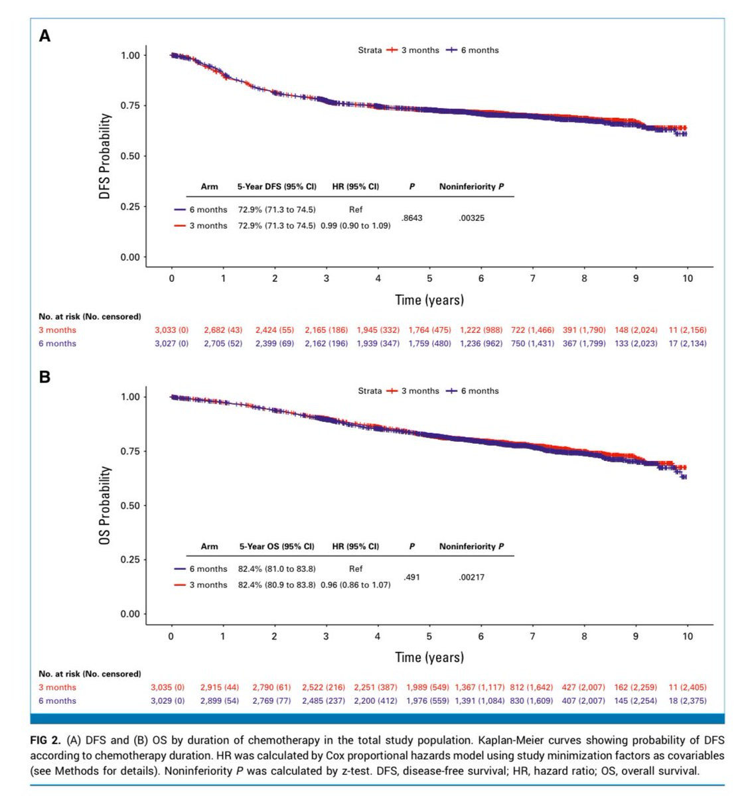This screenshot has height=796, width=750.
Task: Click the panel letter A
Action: coord(44,36)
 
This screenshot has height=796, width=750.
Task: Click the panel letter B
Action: coord(44,377)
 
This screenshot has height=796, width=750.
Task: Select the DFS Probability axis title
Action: coord(105,156)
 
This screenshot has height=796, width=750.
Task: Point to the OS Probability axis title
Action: coord(105,505)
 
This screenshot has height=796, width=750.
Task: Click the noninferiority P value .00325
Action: coord(471,218)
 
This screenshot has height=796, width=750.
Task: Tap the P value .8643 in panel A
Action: coord(412,218)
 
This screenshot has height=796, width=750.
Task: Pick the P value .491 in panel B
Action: coord(412,577)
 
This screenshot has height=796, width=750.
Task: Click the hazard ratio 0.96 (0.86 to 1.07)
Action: coord(355,585)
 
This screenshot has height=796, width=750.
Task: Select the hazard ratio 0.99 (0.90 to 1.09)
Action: coord(355,226)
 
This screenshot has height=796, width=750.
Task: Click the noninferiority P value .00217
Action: coord(471,577)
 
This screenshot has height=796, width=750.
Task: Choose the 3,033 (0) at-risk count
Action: coord(171,330)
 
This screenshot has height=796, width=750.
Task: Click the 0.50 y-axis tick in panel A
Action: coord(130,156)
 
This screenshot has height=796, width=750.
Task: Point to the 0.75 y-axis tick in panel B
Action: coord(130,451)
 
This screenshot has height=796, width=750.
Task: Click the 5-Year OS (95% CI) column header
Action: coord(277,547)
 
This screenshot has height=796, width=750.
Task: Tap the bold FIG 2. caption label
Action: coord(46,740)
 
